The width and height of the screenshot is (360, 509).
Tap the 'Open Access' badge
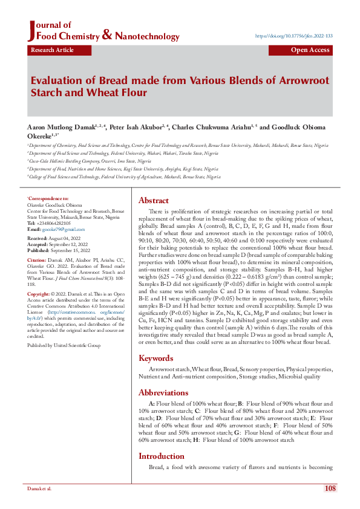coord(310,50)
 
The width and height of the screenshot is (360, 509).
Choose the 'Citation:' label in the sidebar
coord(38,260)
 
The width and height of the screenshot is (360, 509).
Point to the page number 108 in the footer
coord(330,488)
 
